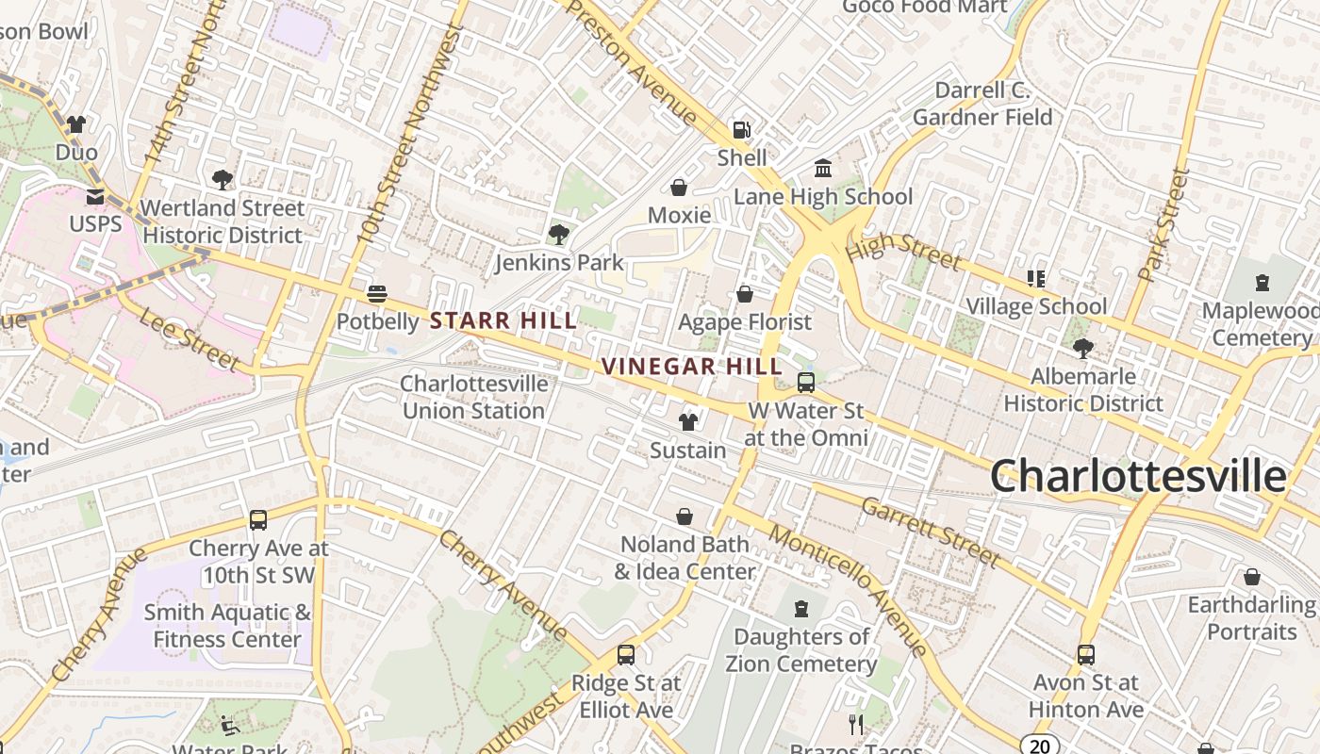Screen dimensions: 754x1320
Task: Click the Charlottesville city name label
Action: click(1138, 476)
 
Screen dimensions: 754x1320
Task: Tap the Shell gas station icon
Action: click(743, 129)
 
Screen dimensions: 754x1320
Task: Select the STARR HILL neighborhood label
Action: click(503, 321)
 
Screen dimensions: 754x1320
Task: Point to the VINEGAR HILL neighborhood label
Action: click(691, 367)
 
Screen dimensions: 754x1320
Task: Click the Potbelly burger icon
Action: click(377, 294)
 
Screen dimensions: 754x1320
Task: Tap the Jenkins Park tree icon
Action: click(559, 234)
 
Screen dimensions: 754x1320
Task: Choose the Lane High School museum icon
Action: click(823, 168)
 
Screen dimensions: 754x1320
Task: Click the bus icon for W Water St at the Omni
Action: click(806, 383)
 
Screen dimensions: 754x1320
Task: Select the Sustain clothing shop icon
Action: click(688, 422)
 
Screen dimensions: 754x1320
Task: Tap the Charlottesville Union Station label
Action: click(473, 397)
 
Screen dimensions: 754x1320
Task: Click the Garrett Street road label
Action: click(930, 533)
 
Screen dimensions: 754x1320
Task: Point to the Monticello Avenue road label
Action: click(849, 590)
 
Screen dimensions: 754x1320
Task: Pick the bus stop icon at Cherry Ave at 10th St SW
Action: click(258, 520)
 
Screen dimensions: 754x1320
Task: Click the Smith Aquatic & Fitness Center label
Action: click(227, 626)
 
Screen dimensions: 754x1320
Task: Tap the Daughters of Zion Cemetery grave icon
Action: click(801, 609)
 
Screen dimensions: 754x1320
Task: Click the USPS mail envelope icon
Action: click(95, 196)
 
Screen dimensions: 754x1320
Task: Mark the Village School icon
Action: click(1036, 279)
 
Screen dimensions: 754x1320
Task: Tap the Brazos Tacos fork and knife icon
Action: click(856, 724)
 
